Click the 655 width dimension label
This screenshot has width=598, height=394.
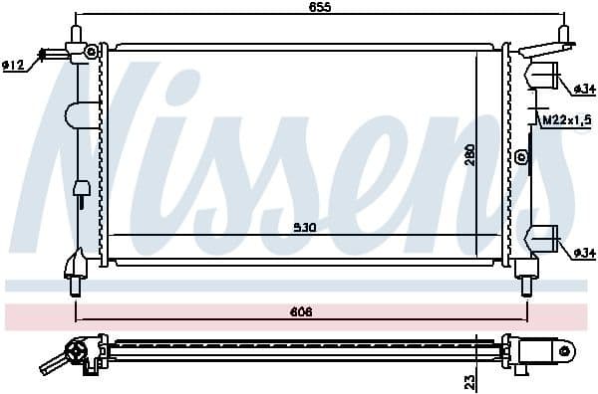click(319, 7)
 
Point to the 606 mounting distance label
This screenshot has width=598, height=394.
click(302, 312)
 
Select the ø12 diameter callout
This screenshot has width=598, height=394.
click(13, 66)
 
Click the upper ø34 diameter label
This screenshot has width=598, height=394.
click(584, 90)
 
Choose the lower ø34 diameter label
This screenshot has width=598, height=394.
click(584, 254)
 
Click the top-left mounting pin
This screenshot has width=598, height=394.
click(76, 33)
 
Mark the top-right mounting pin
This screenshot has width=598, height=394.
click(564, 33)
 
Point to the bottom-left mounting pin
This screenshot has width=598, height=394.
click(76, 288)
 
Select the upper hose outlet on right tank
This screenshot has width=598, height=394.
click(546, 77)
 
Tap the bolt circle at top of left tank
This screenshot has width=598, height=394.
click(92, 51)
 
